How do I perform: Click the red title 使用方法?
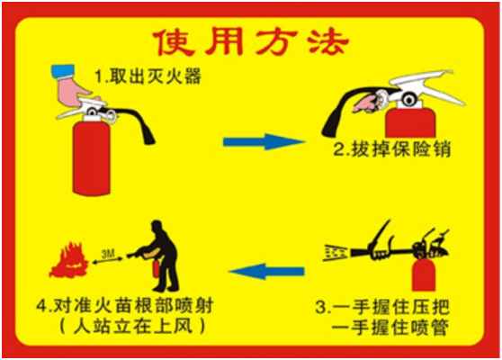point(251,42)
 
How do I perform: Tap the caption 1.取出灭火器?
point(148,76)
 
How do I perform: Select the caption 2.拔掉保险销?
point(392,148)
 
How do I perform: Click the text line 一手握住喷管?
point(390,328)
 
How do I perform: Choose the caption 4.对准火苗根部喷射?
point(124,305)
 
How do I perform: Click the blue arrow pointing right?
point(264,141)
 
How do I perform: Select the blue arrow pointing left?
point(266,272)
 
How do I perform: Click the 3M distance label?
point(108,255)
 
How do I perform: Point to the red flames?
point(69,260)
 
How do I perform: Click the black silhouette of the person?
point(160,256)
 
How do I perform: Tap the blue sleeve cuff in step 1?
point(63,71)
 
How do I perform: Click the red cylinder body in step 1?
point(92,157)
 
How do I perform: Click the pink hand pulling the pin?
point(365,103)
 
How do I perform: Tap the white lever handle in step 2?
point(427,86)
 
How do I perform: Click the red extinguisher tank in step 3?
point(423,274)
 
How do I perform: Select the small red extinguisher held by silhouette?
point(156,268)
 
